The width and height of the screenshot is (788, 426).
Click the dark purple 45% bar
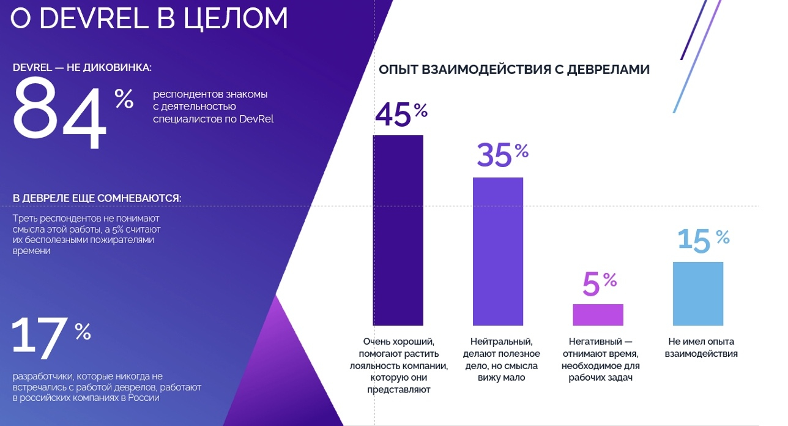[x=398, y=230]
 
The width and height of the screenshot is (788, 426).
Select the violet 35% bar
[x=497, y=251]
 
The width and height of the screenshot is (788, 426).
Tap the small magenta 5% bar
[x=598, y=315]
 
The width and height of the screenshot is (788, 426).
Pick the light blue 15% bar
[x=697, y=294]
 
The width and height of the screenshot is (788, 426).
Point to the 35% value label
[x=494, y=155]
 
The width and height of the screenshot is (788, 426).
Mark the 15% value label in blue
[x=694, y=241]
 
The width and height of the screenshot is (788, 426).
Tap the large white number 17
[x=40, y=336]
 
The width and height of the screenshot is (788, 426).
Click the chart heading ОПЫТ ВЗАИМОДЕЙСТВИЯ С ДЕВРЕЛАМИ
[x=514, y=70]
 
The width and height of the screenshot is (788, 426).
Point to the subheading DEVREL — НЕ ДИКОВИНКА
[x=82, y=67]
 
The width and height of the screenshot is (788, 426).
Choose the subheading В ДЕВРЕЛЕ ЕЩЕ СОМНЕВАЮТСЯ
[x=97, y=198]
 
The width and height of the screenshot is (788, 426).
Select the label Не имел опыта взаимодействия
[x=701, y=347]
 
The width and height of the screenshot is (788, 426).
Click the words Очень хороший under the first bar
[x=398, y=342]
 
